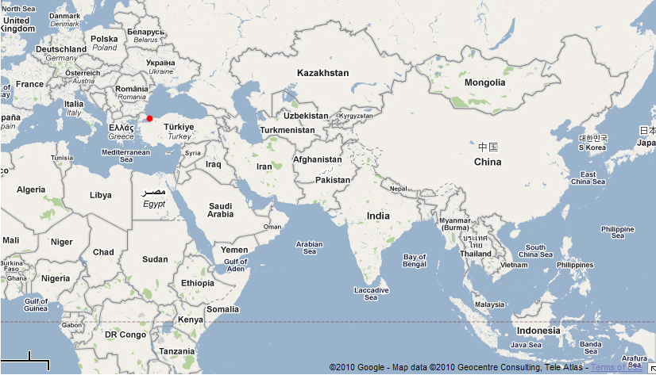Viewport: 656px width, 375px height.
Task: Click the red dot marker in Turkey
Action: (149, 118)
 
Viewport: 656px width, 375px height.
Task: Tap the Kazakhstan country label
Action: (322, 73)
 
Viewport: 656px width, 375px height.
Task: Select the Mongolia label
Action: (484, 82)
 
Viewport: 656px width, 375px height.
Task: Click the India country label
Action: (378, 216)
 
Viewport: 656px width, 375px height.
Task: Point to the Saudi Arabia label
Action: (220, 209)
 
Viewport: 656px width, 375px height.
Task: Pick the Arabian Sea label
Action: (310, 247)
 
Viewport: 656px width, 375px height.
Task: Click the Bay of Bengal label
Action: (415, 260)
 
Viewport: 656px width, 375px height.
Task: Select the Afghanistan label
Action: (317, 159)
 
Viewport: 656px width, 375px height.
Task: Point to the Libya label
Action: (100, 194)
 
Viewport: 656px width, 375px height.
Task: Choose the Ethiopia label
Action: (197, 283)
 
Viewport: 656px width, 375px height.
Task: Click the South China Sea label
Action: (535, 251)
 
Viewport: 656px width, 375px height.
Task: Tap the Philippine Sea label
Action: (618, 232)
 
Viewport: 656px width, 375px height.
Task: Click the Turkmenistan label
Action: (287, 130)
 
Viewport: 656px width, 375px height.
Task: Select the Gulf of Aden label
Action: (235, 265)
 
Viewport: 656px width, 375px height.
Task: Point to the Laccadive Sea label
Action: (371, 294)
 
